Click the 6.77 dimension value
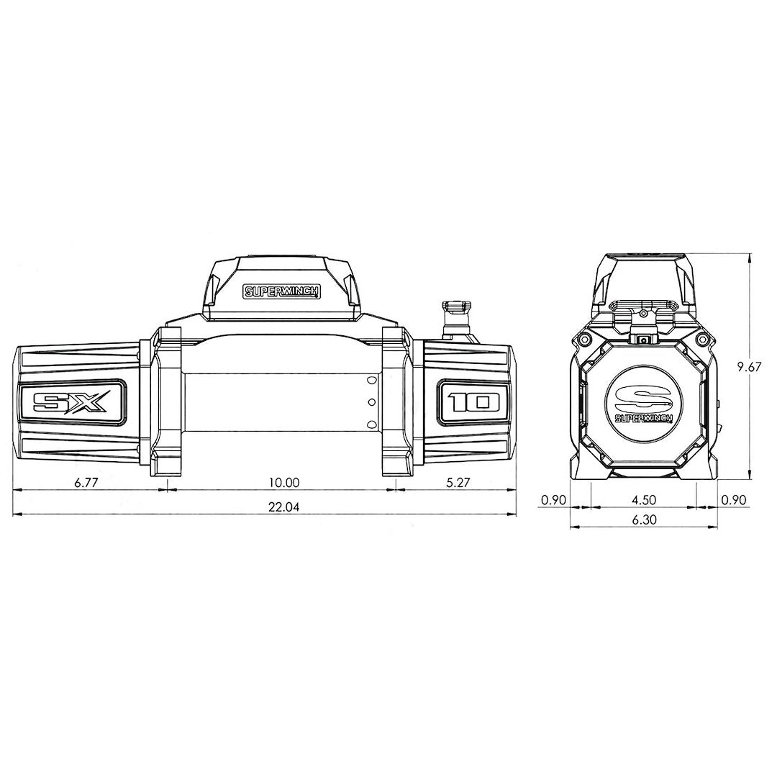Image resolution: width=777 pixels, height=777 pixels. coord(86,483)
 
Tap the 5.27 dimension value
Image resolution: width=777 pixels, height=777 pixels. coord(458,483)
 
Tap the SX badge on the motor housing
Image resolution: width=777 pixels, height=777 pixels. coord(72,400)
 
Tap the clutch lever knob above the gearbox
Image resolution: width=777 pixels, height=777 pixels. coord(455,307)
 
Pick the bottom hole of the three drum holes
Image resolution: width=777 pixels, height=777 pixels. coord(371,424)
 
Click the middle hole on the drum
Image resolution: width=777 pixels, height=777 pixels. coord(371,401)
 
